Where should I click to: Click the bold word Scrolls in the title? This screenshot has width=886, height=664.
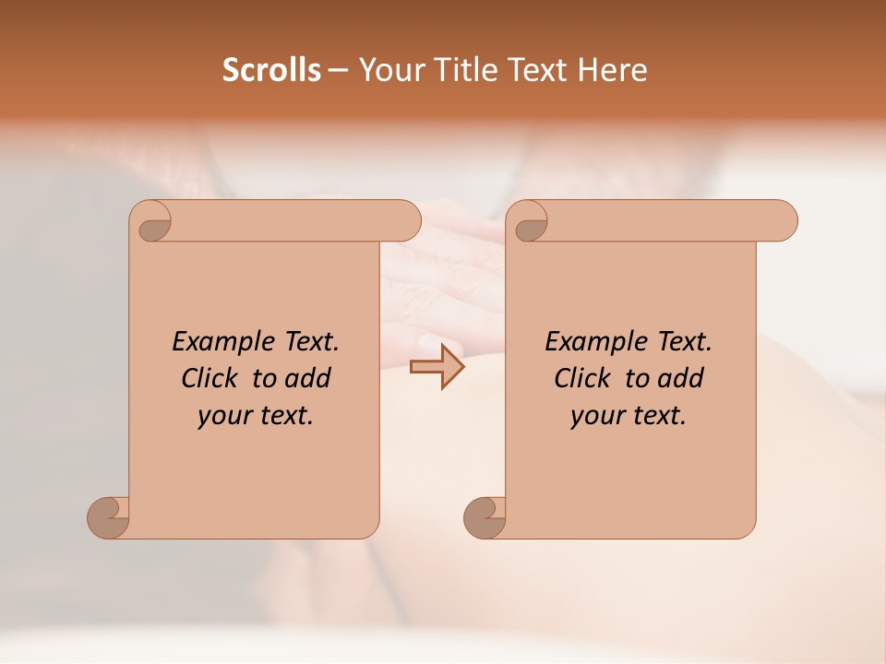[x=271, y=70]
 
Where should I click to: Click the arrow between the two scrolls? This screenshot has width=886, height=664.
[x=437, y=367]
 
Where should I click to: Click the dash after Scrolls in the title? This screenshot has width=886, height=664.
[x=338, y=71]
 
